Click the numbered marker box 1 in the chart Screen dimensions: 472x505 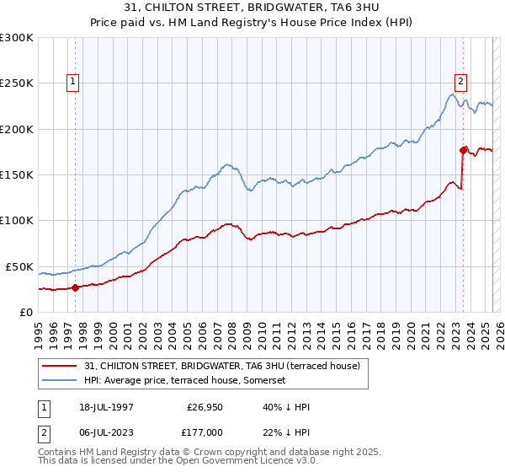(x=74, y=82)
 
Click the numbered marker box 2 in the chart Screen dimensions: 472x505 (x=461, y=82)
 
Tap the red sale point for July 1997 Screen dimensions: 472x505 (x=75, y=287)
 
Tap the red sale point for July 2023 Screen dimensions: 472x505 (x=463, y=150)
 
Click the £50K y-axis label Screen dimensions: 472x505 (x=19, y=266)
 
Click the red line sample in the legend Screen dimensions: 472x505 (x=61, y=366)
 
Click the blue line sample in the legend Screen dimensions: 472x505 (x=61, y=380)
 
